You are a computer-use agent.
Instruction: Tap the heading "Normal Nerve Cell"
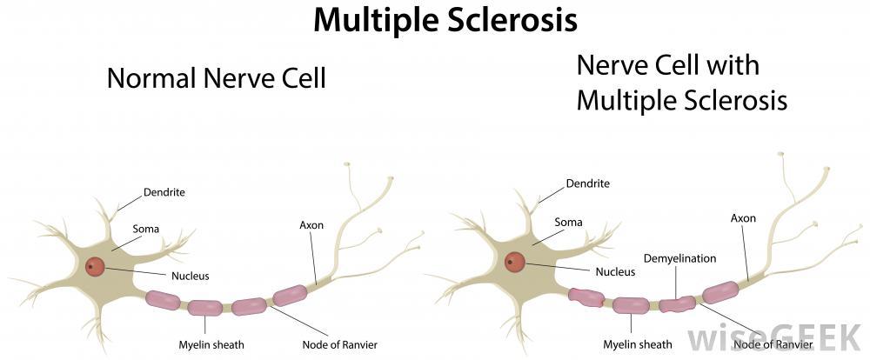pyautogui.click(x=216, y=79)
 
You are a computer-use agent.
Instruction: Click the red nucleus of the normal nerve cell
pyautogui.click(x=97, y=267)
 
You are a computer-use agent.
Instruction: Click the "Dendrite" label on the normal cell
pyautogui.click(x=164, y=191)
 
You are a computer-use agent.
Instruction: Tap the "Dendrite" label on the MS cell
pyautogui.click(x=587, y=183)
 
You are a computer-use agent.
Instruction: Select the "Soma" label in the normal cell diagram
pyautogui.click(x=145, y=230)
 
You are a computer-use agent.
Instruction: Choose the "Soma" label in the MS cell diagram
pyautogui.click(x=568, y=223)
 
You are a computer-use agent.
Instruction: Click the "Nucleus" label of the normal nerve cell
pyautogui.click(x=190, y=276)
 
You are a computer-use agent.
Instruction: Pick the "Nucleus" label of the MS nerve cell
pyautogui.click(x=614, y=271)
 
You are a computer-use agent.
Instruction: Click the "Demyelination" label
pyautogui.click(x=679, y=258)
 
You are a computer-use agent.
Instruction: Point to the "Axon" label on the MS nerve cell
pyautogui.click(x=743, y=217)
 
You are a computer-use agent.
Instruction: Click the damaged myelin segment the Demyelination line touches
pyautogui.click(x=676, y=303)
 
